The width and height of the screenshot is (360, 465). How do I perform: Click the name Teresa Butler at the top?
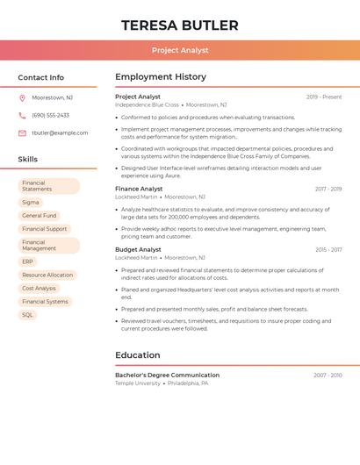(x=180, y=25)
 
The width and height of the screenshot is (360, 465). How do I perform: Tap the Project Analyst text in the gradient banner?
(x=180, y=50)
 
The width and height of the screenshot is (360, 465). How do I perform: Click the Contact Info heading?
(x=41, y=77)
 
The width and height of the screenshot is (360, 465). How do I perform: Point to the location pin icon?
(x=22, y=98)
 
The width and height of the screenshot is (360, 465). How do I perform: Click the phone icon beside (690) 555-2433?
(x=22, y=116)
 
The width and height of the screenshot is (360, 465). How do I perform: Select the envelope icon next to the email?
(x=22, y=133)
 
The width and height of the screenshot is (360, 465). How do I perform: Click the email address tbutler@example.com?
(x=60, y=133)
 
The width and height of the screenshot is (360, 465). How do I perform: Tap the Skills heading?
(x=28, y=160)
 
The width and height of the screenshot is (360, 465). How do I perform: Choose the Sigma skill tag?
(x=31, y=202)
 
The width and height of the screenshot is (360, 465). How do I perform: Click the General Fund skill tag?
(x=40, y=215)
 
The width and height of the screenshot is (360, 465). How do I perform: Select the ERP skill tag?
(x=28, y=261)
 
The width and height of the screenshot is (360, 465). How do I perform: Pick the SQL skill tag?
(x=28, y=314)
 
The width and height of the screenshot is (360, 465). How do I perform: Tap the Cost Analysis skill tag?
(x=39, y=288)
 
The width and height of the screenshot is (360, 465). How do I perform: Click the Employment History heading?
(x=161, y=77)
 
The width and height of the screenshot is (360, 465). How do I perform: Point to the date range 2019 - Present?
(x=324, y=97)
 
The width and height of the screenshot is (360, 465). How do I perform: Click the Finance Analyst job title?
(x=139, y=189)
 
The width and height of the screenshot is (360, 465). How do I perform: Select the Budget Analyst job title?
(x=138, y=249)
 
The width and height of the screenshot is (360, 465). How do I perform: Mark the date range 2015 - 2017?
(x=328, y=250)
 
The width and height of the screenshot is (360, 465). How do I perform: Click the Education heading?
(x=138, y=355)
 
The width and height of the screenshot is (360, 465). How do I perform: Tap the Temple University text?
(x=138, y=383)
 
